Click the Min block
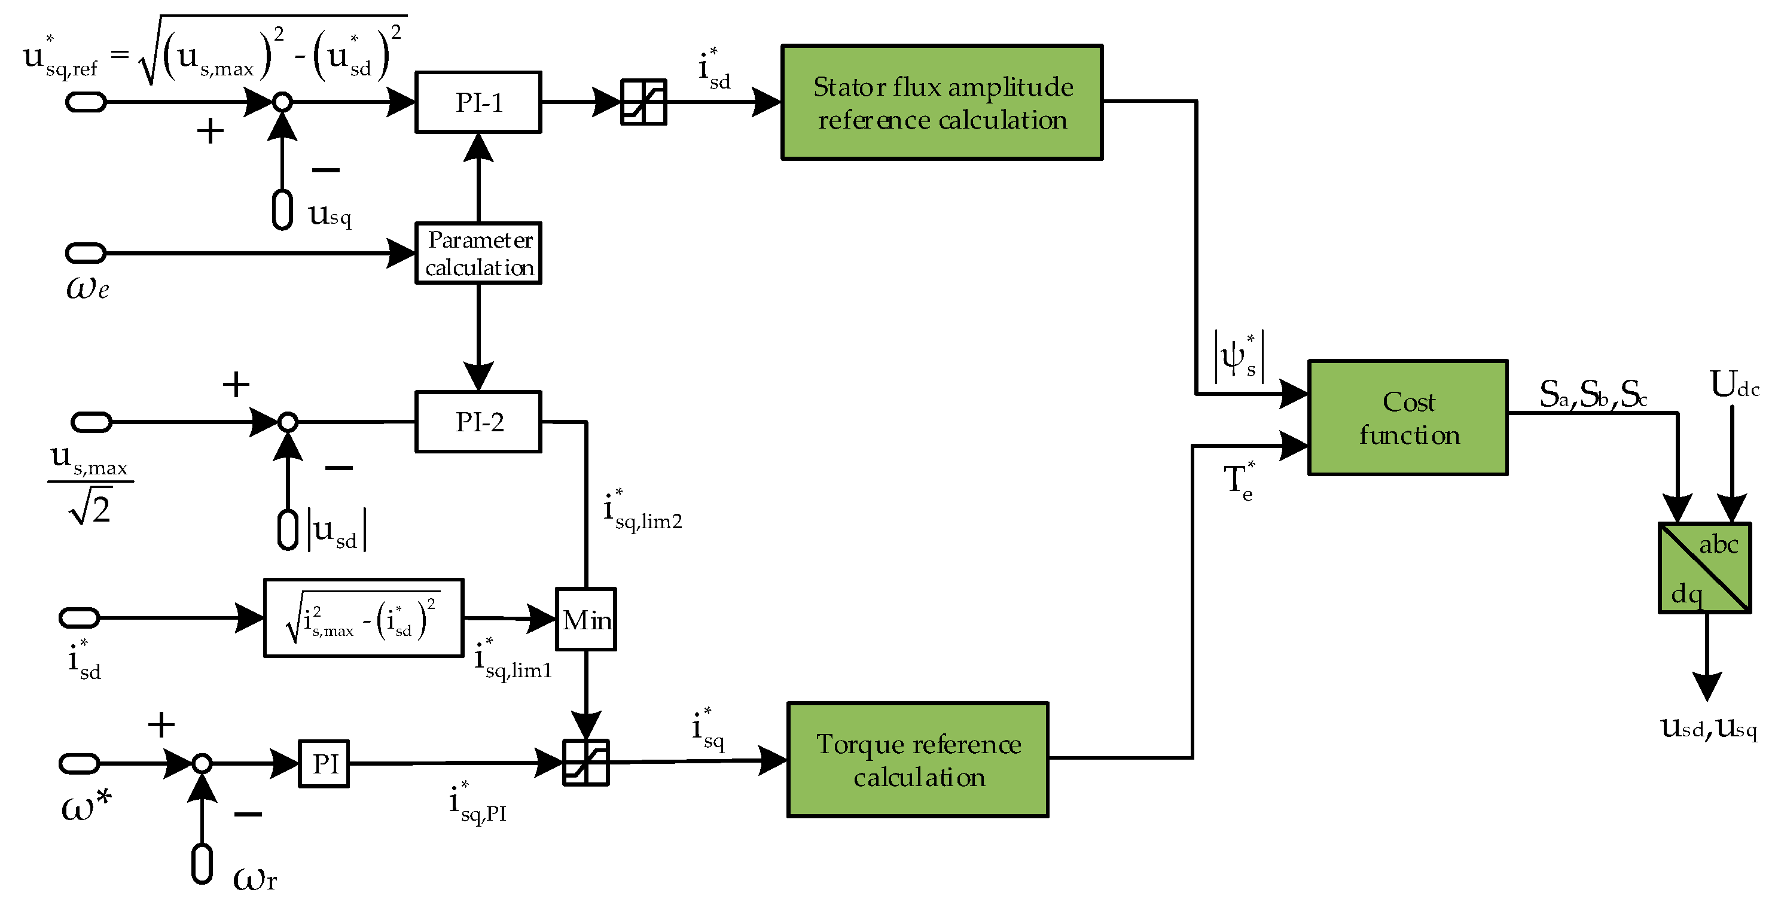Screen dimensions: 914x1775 (x=585, y=619)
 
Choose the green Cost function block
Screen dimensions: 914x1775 (x=1407, y=418)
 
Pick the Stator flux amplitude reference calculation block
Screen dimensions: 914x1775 (x=941, y=103)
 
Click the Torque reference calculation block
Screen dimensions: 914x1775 (x=917, y=760)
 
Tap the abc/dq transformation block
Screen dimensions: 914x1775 (x=1704, y=567)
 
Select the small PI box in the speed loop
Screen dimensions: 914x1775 (x=324, y=763)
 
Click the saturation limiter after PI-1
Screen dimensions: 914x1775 (x=643, y=102)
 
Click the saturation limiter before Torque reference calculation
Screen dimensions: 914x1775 (x=585, y=762)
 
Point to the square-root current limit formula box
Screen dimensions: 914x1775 (x=363, y=617)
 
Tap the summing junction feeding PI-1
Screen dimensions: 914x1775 (x=282, y=102)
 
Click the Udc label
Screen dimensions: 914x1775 (x=1734, y=385)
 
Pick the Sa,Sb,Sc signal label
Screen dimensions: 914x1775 (x=1592, y=394)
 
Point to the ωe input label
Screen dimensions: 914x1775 (x=87, y=288)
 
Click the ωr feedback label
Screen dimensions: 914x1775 (x=254, y=879)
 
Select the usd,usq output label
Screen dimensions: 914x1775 (x=1707, y=727)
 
